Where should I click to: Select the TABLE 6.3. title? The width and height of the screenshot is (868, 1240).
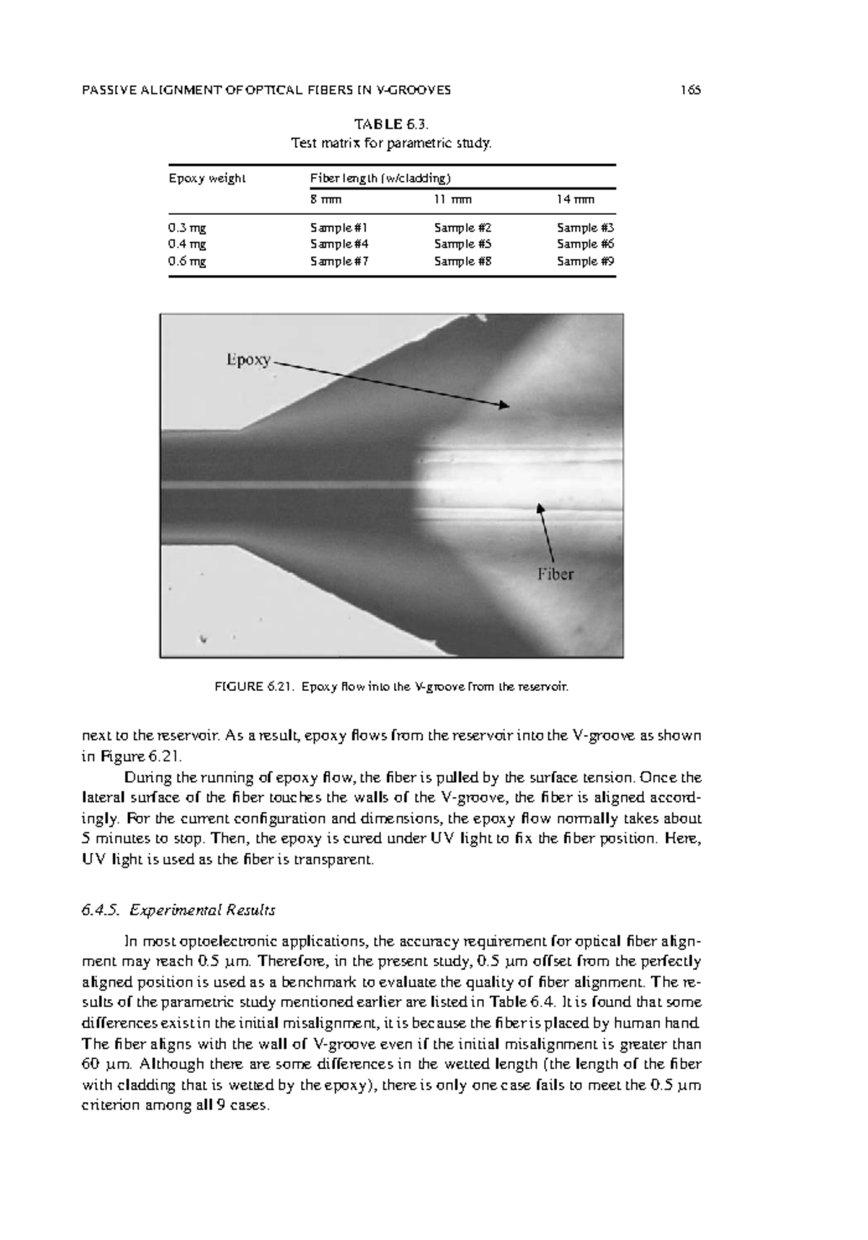pyautogui.click(x=391, y=124)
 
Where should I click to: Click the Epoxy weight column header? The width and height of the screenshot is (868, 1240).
pyautogui.click(x=207, y=178)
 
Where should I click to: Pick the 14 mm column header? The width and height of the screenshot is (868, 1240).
pyautogui.click(x=576, y=199)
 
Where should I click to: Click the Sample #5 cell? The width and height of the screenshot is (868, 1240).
pyautogui.click(x=463, y=245)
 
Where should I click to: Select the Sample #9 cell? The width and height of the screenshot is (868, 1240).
pyautogui.click(x=585, y=261)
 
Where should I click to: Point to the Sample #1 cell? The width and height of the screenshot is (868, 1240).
pyautogui.click(x=339, y=227)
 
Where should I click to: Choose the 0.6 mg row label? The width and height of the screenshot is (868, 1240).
pyautogui.click(x=187, y=261)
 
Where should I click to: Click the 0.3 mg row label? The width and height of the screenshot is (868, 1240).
pyautogui.click(x=187, y=227)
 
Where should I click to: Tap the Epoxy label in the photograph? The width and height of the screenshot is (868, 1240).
pyautogui.click(x=248, y=360)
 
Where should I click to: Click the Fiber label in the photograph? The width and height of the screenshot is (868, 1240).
pyautogui.click(x=555, y=574)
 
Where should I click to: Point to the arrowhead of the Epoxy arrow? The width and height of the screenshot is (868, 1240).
pyautogui.click(x=506, y=406)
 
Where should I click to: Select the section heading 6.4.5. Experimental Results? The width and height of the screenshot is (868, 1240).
pyautogui.click(x=179, y=909)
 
